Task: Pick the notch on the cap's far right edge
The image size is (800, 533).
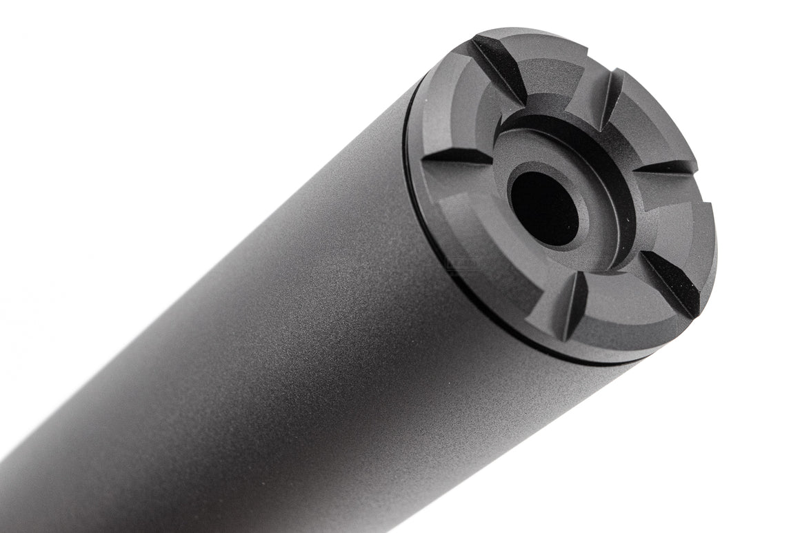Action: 666,168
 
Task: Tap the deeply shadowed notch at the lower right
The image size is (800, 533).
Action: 669,283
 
